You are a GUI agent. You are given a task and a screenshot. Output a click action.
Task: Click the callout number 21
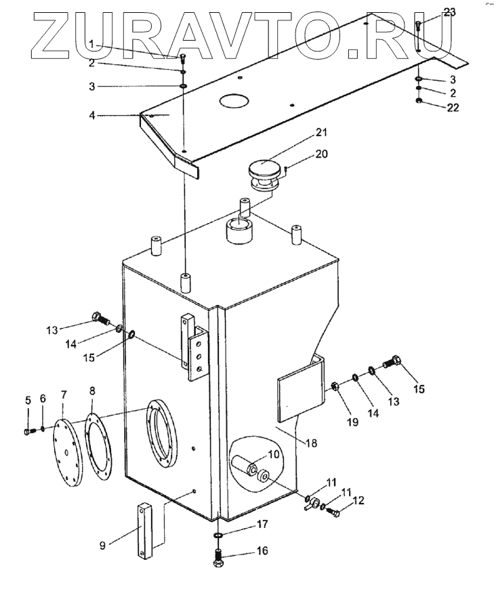click(321, 132)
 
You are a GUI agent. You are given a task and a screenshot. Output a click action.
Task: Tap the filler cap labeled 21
click(266, 175)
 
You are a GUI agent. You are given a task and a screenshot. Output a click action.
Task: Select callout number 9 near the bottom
click(102, 546)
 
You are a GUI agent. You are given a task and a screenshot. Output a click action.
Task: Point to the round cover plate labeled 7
click(68, 453)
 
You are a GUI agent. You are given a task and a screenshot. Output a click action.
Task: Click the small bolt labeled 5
click(29, 432)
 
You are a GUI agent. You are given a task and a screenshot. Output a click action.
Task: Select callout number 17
click(263, 524)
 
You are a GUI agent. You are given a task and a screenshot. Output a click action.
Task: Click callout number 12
click(358, 500)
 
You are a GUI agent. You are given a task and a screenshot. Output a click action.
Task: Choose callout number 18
click(311, 443)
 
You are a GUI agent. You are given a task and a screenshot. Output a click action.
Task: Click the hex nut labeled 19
click(335, 386)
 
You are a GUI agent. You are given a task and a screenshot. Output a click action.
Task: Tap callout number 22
click(452, 108)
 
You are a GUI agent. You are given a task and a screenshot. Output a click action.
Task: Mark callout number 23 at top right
click(449, 12)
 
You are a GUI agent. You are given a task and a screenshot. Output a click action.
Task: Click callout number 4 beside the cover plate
click(92, 115)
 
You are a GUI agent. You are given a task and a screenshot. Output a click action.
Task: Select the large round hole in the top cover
click(234, 100)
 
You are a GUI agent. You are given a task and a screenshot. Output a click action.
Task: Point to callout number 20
click(321, 154)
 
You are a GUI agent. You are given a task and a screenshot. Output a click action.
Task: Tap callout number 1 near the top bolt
click(91, 44)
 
